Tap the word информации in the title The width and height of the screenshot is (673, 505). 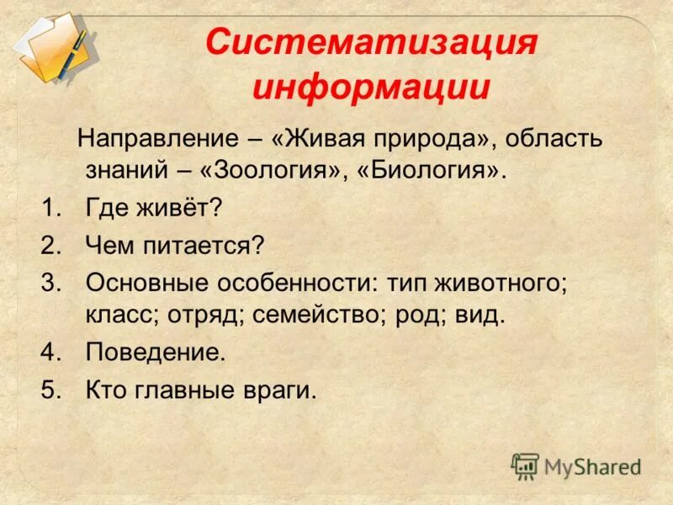click(371, 88)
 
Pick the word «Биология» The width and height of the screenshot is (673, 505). click(434, 171)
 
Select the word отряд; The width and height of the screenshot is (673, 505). click(219, 315)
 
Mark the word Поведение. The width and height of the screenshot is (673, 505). click(156, 352)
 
